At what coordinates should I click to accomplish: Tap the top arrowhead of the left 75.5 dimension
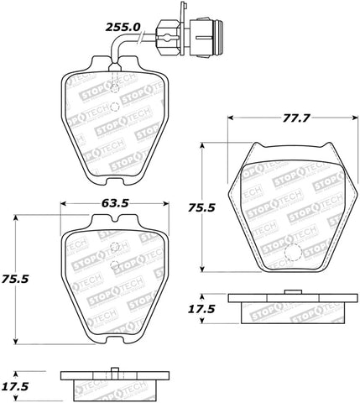click(x=15, y=219)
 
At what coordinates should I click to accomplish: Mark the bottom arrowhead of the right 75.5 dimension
click(x=203, y=268)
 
